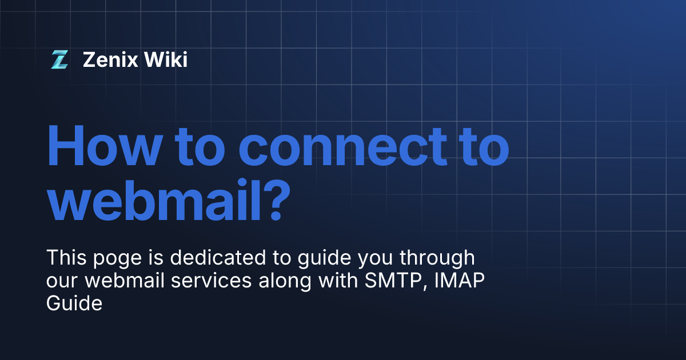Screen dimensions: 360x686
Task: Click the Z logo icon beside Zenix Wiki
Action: coord(59,59)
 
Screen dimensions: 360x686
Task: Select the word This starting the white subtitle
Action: coord(65,258)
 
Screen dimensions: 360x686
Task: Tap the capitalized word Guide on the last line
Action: coord(74,303)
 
